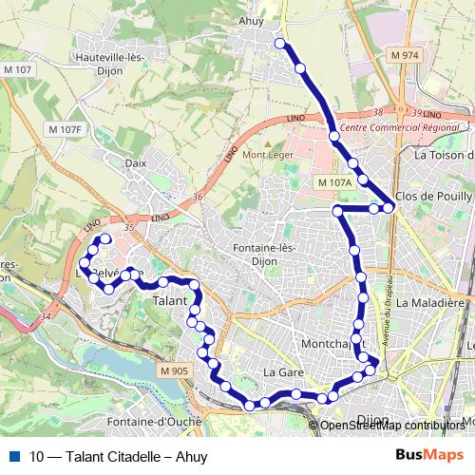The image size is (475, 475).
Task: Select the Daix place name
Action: (136, 162)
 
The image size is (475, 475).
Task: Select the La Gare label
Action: (282, 371)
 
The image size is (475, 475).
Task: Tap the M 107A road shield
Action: (334, 181)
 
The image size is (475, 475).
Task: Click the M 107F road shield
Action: (66, 128)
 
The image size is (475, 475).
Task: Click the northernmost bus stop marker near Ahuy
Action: (279, 43)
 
